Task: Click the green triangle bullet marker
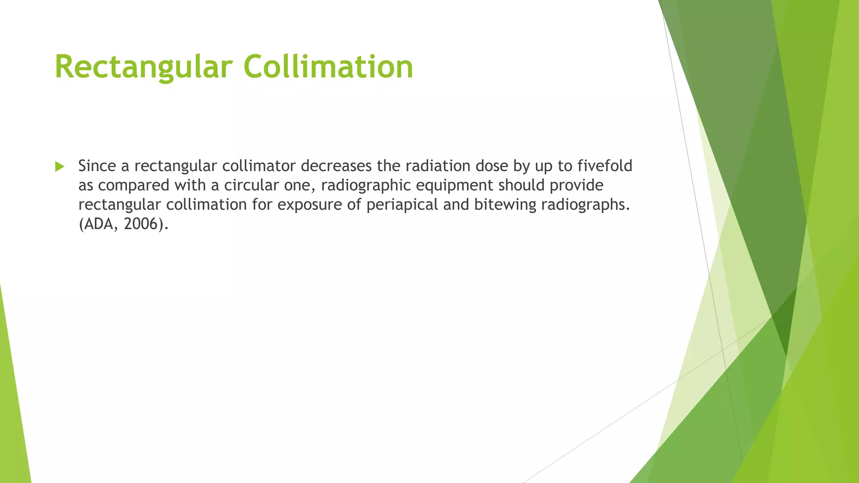(x=60, y=166)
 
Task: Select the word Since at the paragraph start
(x=97, y=166)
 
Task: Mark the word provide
(x=576, y=185)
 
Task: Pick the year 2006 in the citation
(x=141, y=224)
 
